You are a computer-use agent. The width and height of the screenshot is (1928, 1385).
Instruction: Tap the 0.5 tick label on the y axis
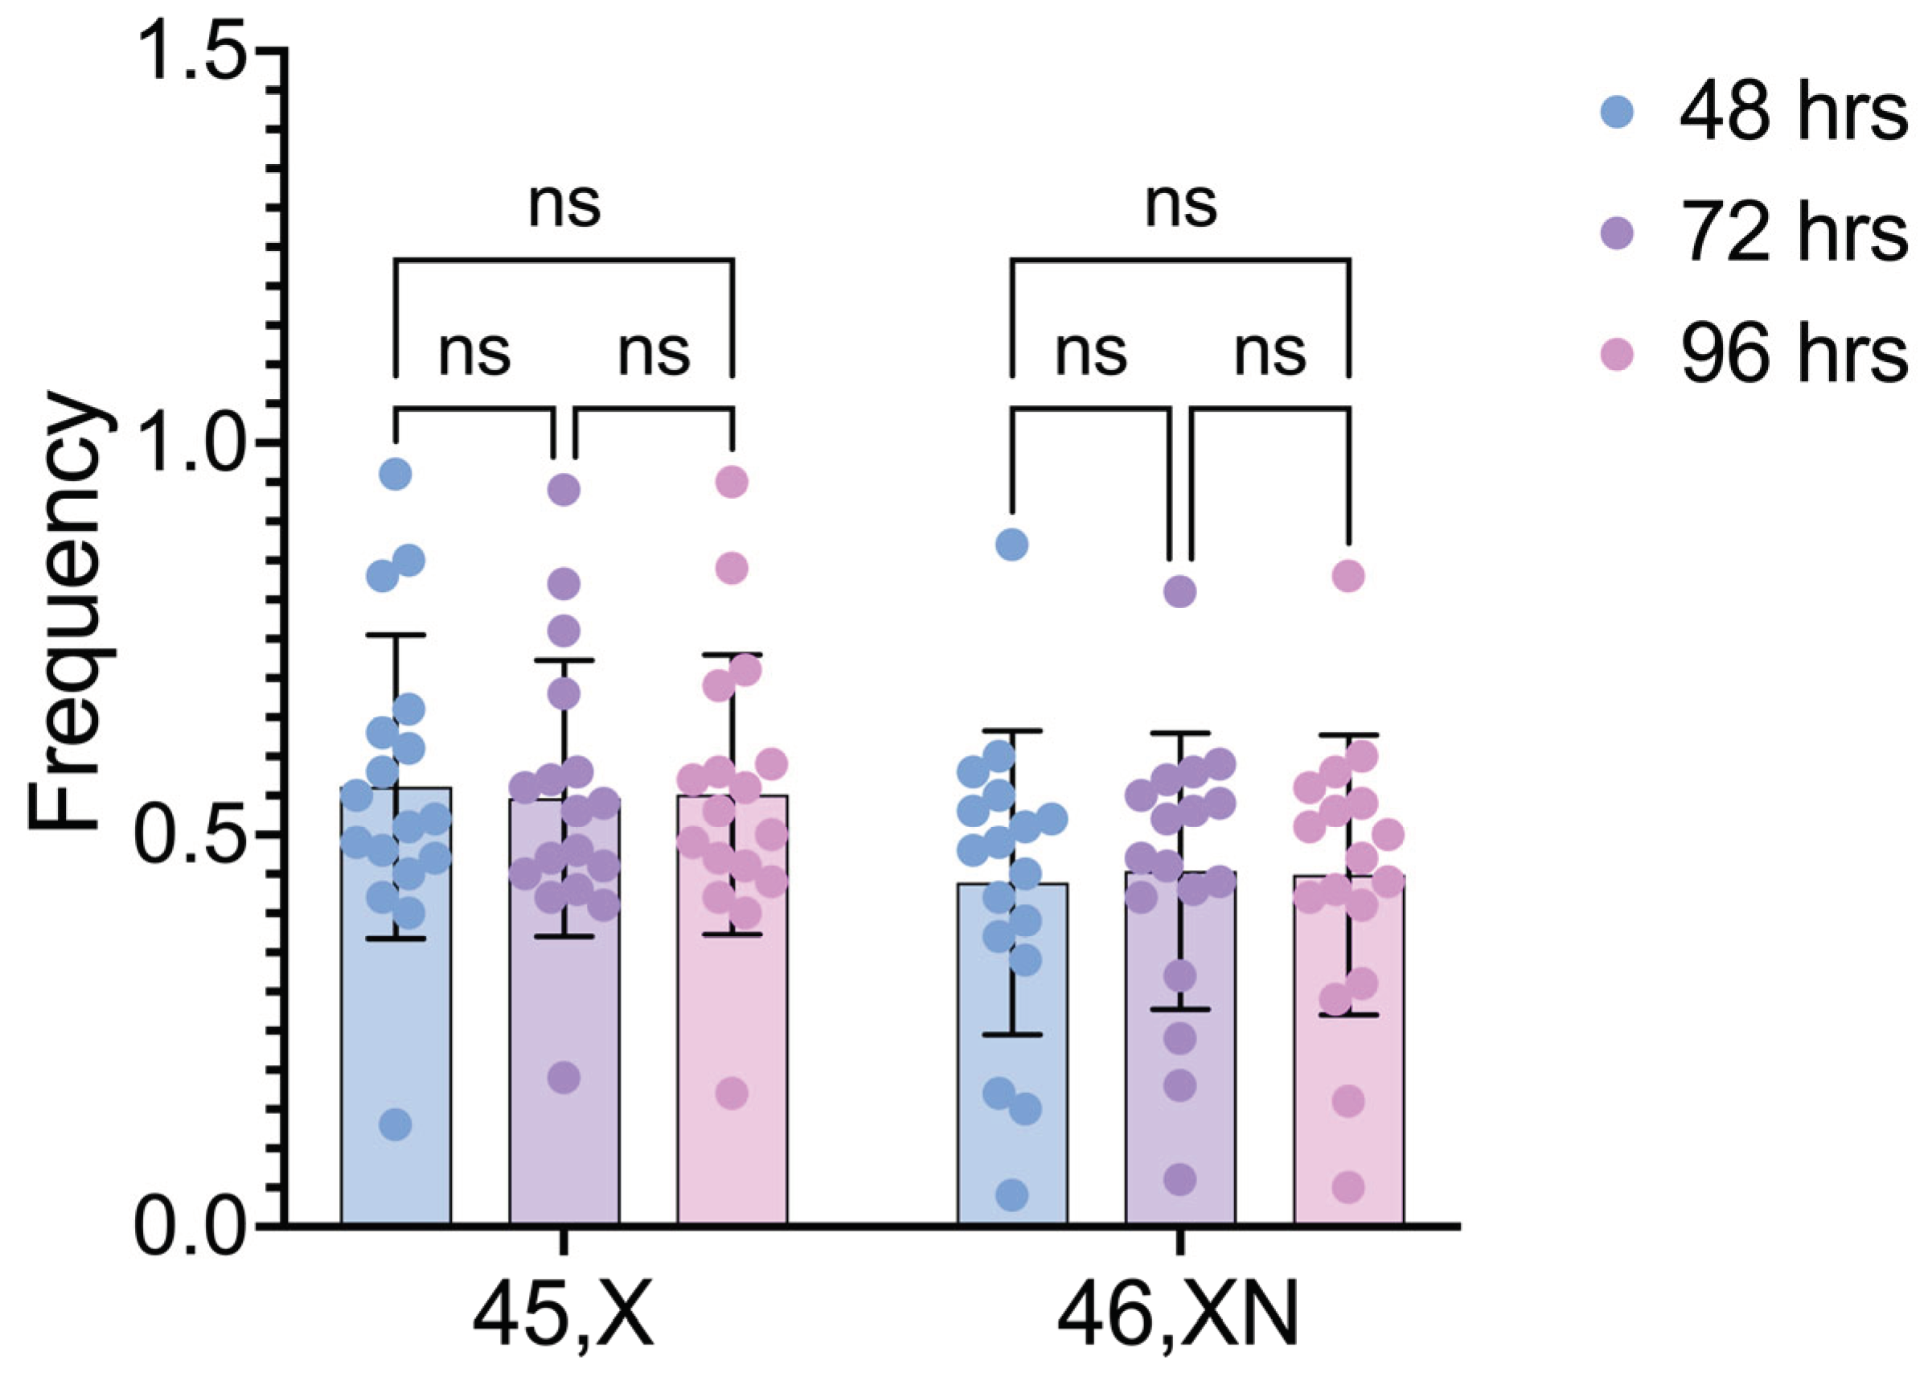(x=196, y=835)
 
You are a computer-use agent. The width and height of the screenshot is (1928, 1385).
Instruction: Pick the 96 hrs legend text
(x=1794, y=354)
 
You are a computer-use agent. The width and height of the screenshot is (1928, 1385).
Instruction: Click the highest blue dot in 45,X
(x=396, y=474)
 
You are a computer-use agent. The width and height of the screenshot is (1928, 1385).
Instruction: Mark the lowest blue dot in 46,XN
(x=1011, y=1195)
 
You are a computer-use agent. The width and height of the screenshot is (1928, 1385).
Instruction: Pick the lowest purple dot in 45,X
(x=564, y=1078)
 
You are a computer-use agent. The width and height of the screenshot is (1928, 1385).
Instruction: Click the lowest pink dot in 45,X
(x=732, y=1093)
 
